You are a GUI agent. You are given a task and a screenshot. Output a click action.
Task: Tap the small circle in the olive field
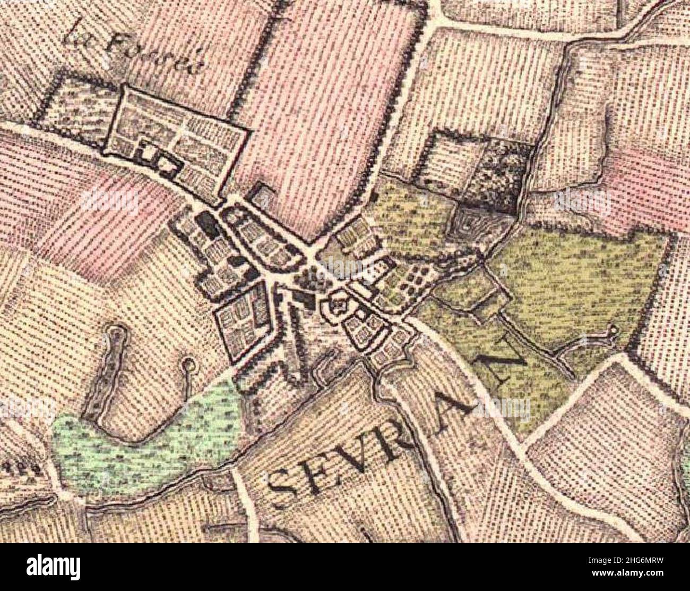(614, 330)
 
